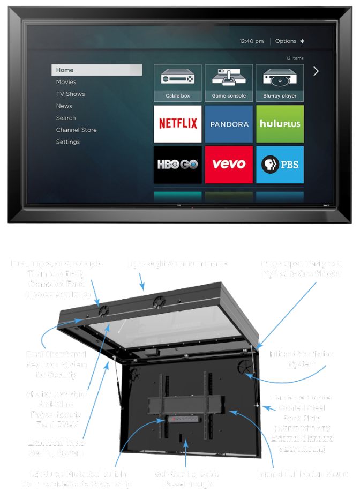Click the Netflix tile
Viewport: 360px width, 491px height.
tap(178, 124)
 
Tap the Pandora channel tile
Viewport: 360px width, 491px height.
tap(229, 124)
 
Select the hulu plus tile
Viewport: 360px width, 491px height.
tap(280, 124)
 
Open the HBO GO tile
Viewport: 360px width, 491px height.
tap(178, 165)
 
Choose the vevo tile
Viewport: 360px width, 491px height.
tap(229, 165)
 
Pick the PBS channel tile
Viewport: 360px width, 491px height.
tap(280, 165)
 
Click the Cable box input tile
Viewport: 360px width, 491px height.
tap(178, 83)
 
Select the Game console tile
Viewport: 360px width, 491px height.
tap(229, 83)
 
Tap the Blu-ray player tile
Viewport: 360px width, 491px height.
tap(280, 83)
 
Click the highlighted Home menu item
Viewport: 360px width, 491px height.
tap(96, 70)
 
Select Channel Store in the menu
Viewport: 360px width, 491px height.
tap(77, 130)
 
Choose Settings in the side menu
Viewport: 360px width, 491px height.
tap(68, 142)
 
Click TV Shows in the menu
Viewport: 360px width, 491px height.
tap(71, 94)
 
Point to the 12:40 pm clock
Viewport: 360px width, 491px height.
tap(252, 41)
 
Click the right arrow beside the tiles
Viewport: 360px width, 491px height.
tap(316, 71)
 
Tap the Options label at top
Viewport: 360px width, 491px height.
tap(286, 41)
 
